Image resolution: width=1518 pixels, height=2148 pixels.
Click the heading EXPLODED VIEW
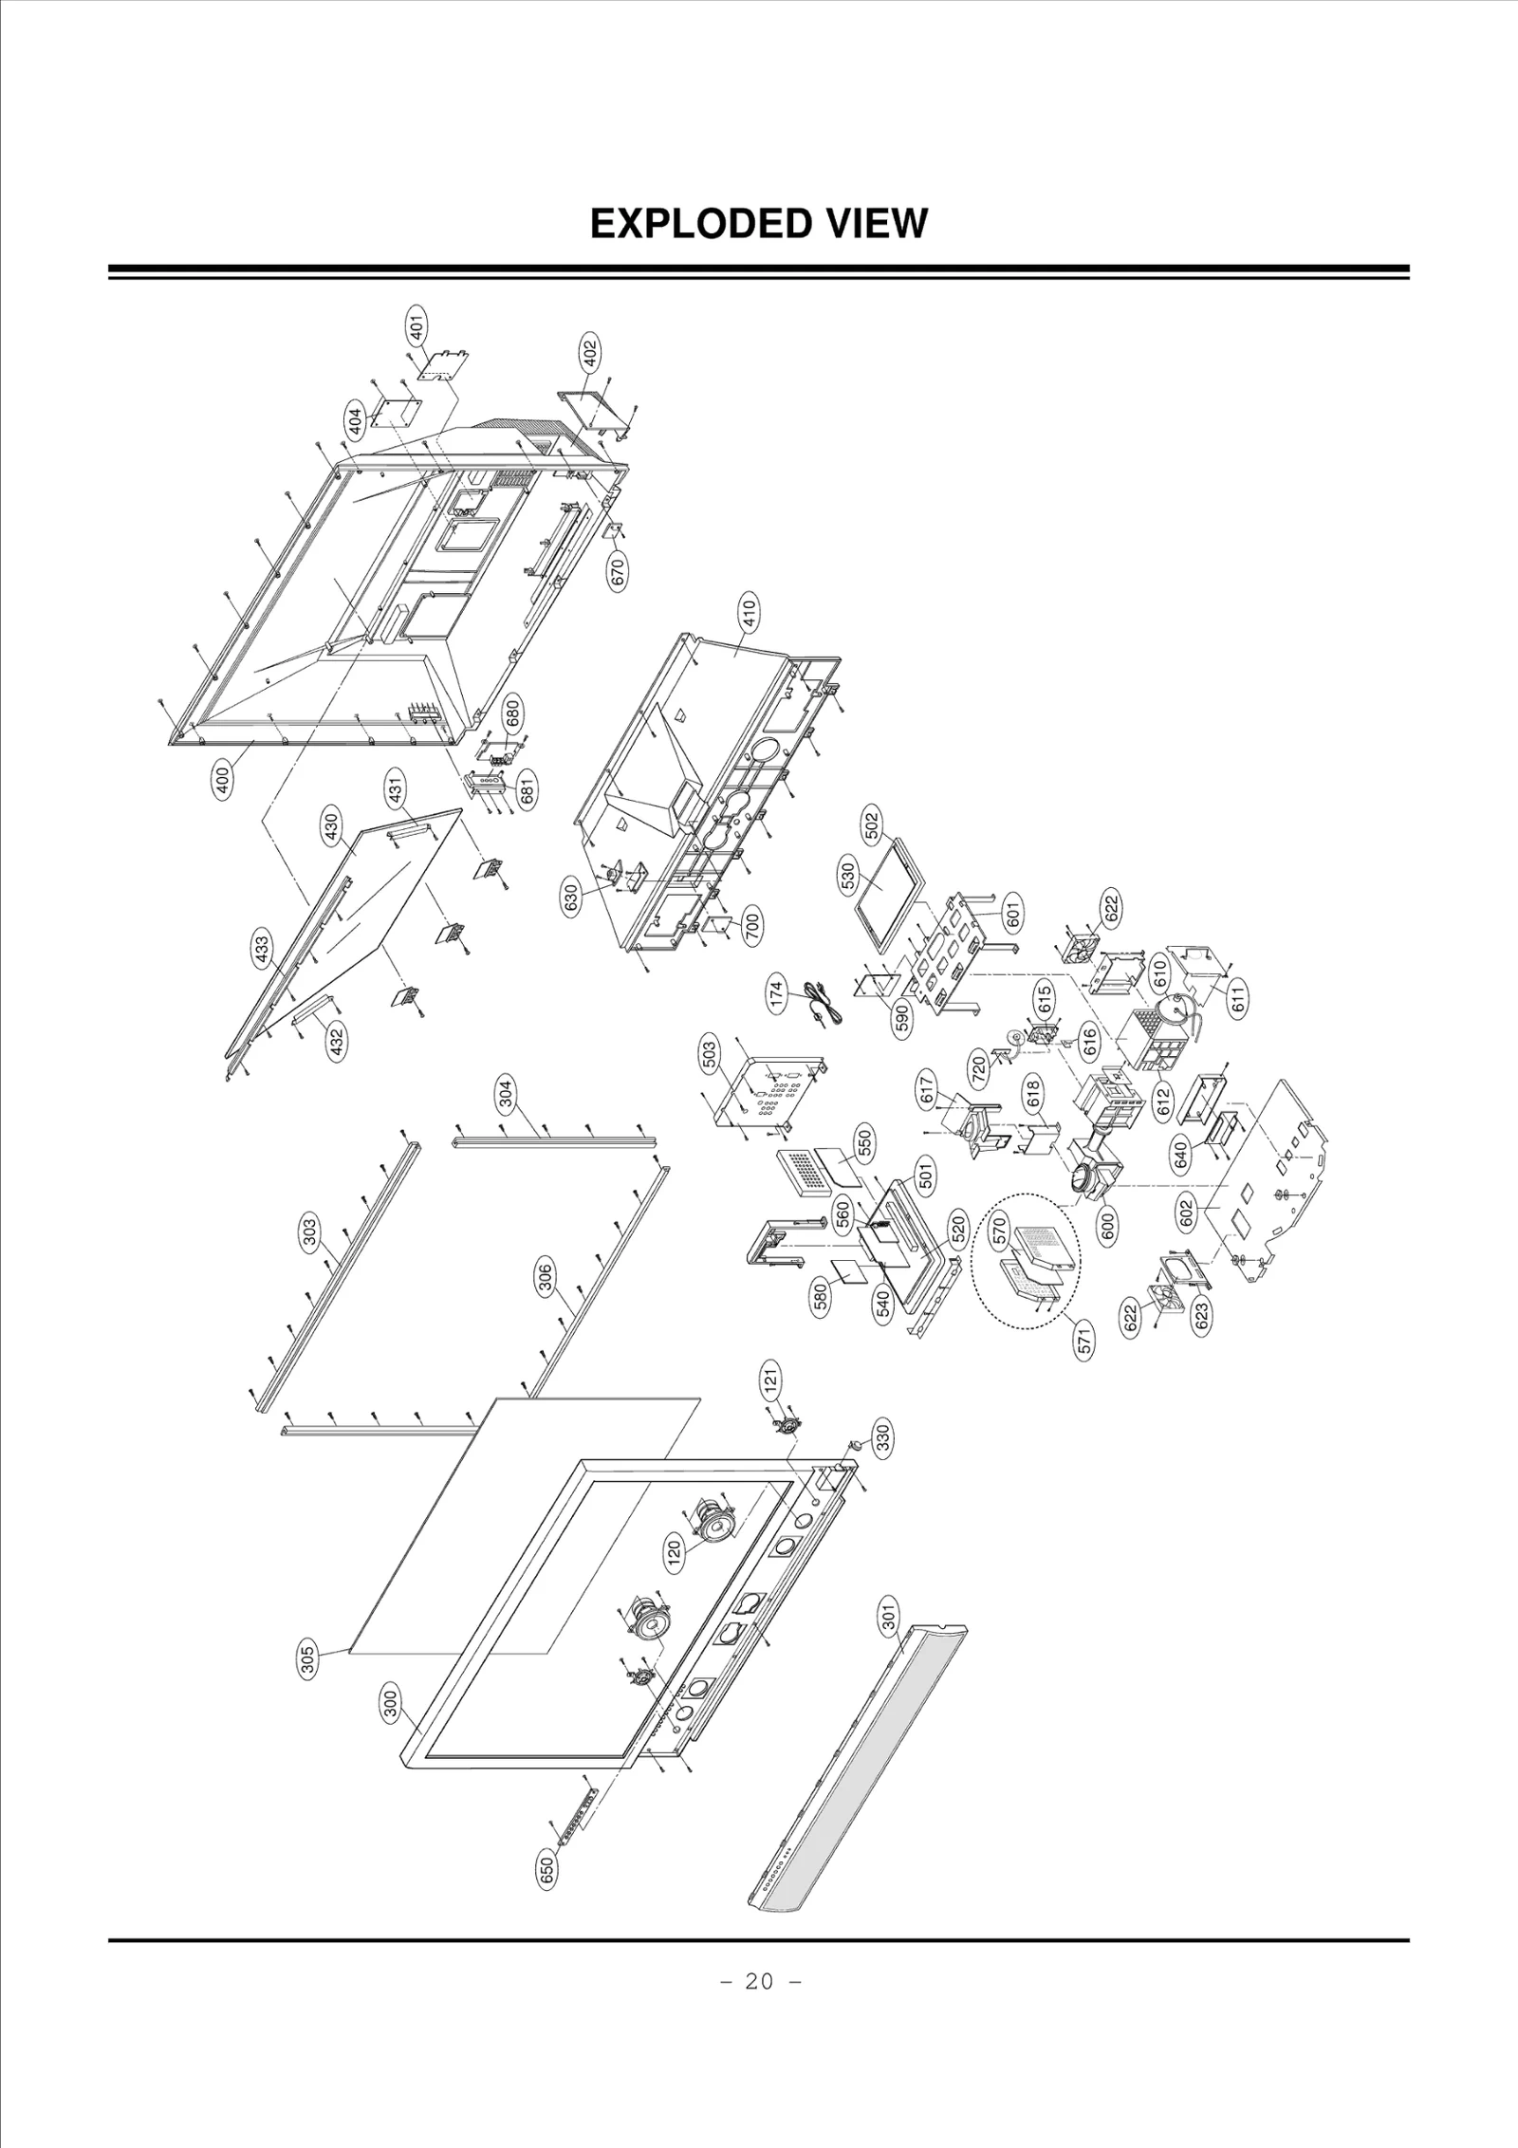[x=758, y=224]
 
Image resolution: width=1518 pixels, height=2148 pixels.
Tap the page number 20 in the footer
[x=759, y=2053]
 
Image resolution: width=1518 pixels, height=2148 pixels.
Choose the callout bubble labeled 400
[x=223, y=781]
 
